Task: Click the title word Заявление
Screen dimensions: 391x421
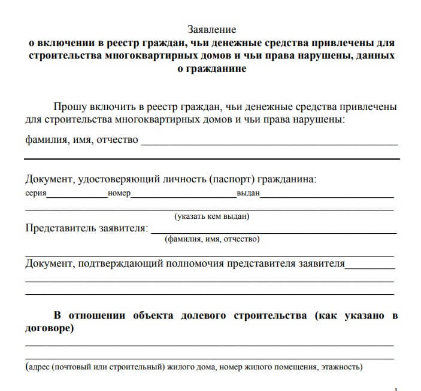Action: coord(212,29)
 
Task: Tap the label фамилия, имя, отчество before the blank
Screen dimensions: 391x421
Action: coord(81,140)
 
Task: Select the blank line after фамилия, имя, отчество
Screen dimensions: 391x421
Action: coord(269,144)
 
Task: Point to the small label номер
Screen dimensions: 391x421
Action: coord(119,194)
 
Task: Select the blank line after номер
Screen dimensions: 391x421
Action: coord(183,197)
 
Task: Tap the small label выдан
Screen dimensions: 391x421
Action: coord(248,194)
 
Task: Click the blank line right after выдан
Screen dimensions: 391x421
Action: coord(327,197)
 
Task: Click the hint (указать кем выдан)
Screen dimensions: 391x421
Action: coord(211,216)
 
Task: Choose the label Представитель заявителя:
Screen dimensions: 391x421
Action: coord(86,228)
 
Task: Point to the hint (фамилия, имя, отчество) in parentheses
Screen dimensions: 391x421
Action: coord(211,239)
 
